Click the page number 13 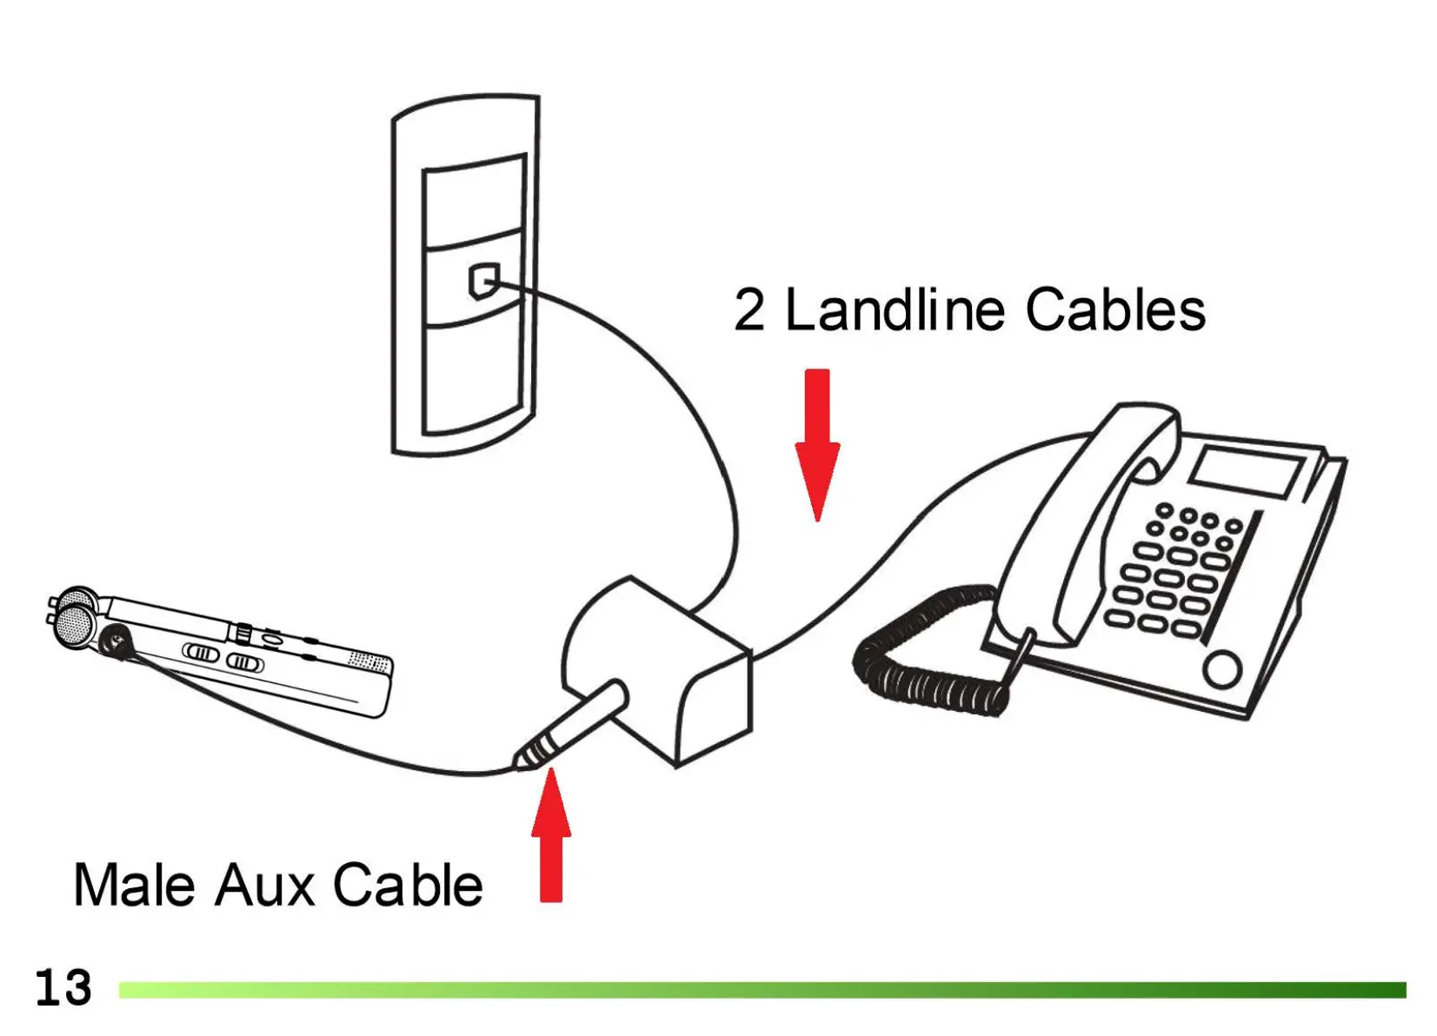coord(63,988)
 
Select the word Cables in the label coord(1115,310)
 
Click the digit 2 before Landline coord(748,310)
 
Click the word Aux coord(264,886)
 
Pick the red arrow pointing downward coord(817,443)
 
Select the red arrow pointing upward coord(551,839)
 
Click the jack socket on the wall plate coord(483,281)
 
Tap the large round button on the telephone coord(1222,670)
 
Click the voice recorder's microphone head coord(74,619)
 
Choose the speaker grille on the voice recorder coord(369,662)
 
